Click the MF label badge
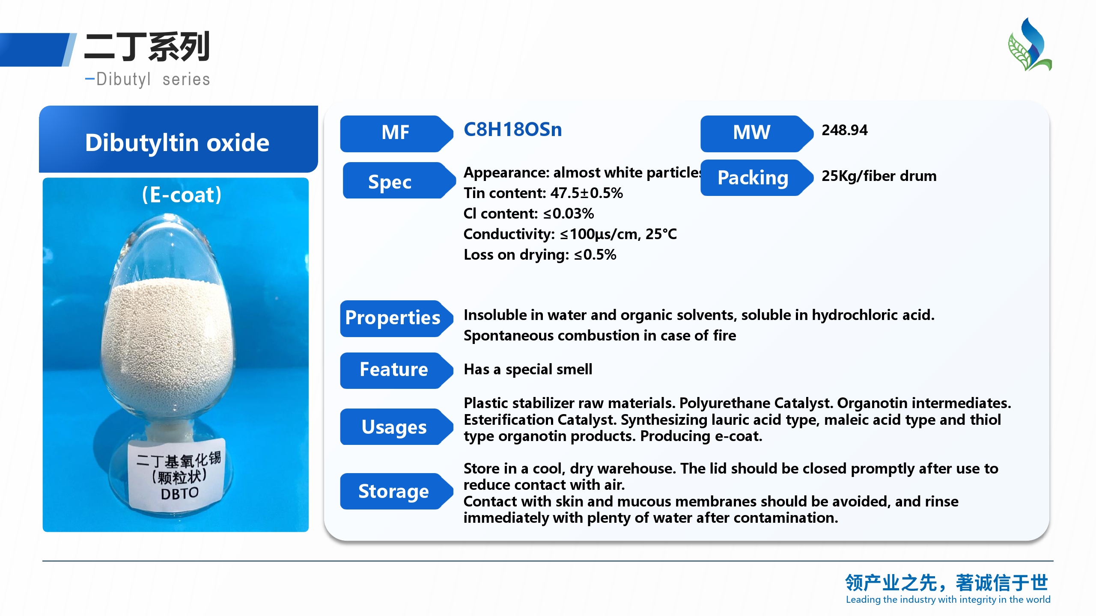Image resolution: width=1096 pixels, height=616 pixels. tap(396, 133)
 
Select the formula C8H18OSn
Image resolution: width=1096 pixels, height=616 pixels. tap(512, 130)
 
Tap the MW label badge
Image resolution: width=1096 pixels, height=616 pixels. tap(756, 133)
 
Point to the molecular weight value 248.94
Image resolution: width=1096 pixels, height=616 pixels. tap(844, 130)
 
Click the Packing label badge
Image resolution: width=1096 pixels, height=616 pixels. tap(756, 178)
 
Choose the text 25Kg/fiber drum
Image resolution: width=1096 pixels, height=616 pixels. tap(879, 176)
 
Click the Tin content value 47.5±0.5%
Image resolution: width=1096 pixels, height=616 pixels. tap(587, 193)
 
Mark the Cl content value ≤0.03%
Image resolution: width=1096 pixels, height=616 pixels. tap(569, 213)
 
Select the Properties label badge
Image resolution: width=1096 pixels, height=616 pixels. tap(396, 319)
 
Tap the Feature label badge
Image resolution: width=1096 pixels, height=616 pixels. tap(396, 370)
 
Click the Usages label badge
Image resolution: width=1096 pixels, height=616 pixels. tap(396, 427)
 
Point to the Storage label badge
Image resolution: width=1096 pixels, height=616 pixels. tap(396, 491)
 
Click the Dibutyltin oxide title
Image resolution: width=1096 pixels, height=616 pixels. tap(177, 142)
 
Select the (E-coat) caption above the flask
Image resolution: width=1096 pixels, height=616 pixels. tap(182, 195)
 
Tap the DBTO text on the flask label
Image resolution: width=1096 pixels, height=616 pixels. tap(179, 494)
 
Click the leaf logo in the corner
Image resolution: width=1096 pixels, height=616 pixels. tap(1030, 44)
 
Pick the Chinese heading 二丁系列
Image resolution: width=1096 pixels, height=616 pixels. tap(147, 46)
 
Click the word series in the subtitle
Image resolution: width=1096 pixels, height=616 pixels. tap(186, 80)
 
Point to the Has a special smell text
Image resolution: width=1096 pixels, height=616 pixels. tap(528, 369)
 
